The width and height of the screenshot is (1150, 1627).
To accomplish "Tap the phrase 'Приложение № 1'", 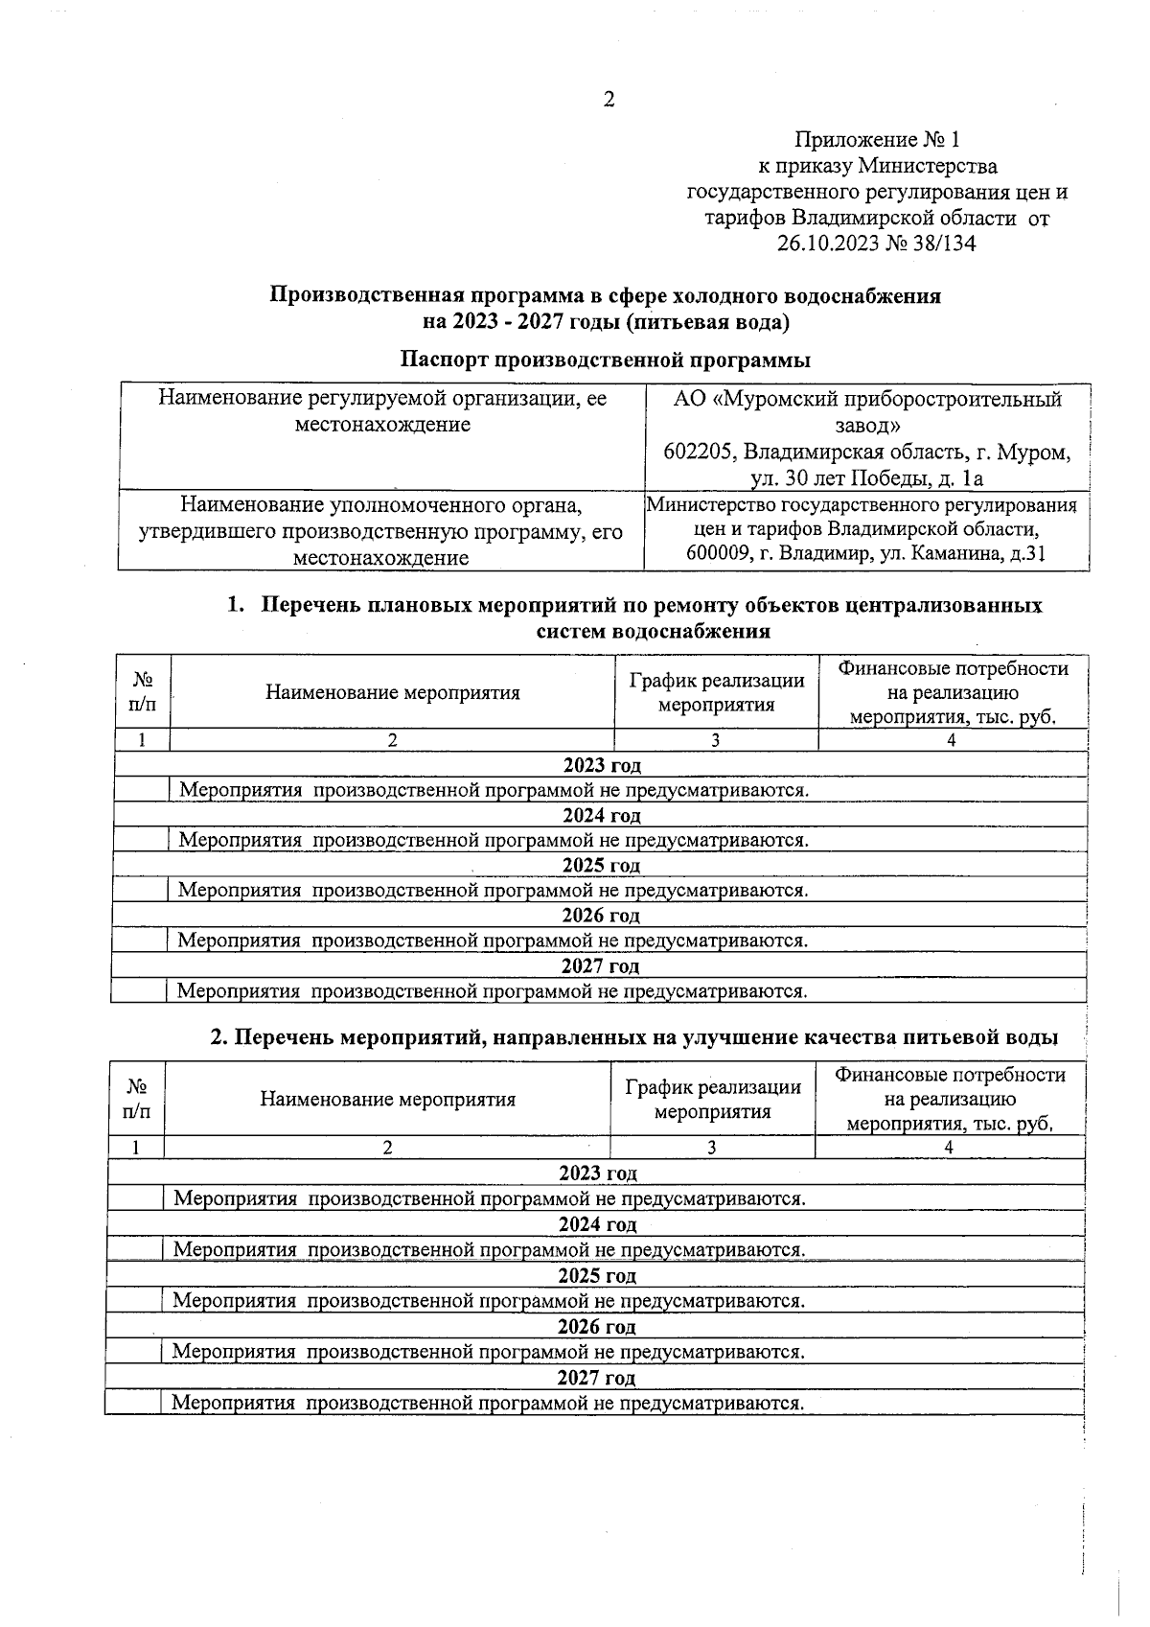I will point(877,141).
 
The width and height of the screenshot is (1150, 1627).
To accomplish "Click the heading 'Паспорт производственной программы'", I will point(605,360).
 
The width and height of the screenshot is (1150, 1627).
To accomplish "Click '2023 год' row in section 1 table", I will point(601,765).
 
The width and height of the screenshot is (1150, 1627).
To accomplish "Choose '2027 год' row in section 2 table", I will point(596,1379).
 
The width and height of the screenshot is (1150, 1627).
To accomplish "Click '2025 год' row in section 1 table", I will point(601,866).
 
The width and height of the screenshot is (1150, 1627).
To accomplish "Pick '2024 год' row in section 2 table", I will point(597,1224).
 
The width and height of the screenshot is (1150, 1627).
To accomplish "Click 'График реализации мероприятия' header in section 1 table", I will point(716,693).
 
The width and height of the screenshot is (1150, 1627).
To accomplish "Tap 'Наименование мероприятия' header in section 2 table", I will point(387,1100).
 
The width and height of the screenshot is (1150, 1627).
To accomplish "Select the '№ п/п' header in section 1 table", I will point(143,692).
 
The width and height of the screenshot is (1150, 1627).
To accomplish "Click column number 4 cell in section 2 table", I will point(949,1148).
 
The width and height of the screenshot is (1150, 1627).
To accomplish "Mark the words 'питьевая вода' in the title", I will point(708,322).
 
